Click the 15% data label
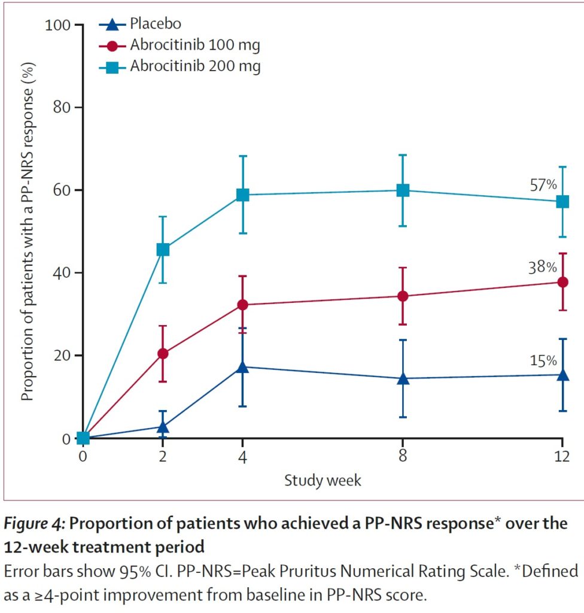click(543, 360)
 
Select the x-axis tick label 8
click(403, 456)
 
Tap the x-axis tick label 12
click(562, 456)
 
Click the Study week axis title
click(323, 480)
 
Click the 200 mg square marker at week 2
click(163, 250)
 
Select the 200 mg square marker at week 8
click(403, 190)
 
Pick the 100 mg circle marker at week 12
click(562, 282)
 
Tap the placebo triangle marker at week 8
click(403, 378)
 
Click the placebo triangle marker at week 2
click(163, 426)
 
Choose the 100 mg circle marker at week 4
click(243, 305)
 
